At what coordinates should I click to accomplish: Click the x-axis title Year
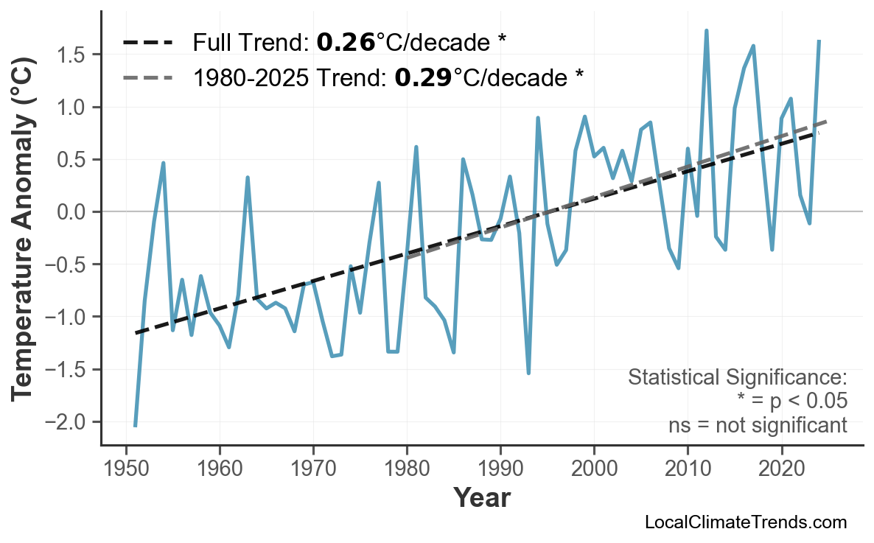pos(481,498)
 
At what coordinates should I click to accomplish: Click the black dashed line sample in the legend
pos(147,43)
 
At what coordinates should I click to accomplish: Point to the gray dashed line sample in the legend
pos(147,77)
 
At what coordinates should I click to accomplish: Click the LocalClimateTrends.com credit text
pos(745,522)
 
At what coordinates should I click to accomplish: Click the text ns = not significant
pos(757,425)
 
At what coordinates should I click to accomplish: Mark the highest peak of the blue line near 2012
pos(706,31)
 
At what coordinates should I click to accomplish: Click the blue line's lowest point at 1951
pos(136,425)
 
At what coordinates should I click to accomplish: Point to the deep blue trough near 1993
pos(528,373)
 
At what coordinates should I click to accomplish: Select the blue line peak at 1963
pos(248,178)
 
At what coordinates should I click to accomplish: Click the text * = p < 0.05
pos(791,402)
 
